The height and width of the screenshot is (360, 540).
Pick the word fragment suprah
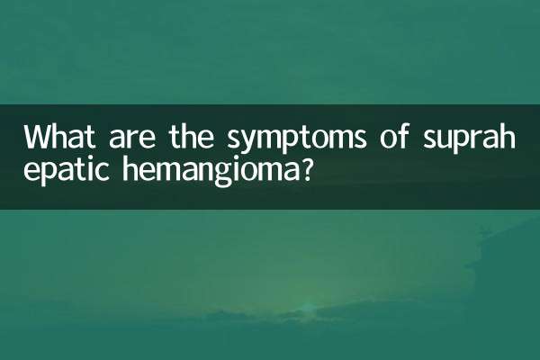[468, 140]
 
